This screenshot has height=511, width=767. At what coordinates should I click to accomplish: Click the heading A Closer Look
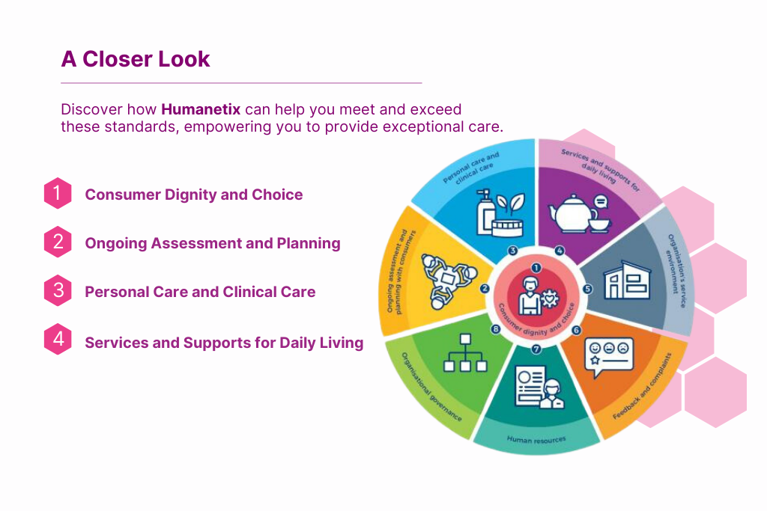pyautogui.click(x=136, y=59)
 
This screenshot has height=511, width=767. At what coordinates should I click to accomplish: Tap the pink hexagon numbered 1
pyautogui.click(x=58, y=193)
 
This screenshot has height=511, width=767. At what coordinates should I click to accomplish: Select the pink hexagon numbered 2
pyautogui.click(x=58, y=242)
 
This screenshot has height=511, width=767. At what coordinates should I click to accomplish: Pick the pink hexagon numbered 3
pyautogui.click(x=58, y=291)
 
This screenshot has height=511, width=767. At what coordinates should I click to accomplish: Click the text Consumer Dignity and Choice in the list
pyautogui.click(x=194, y=195)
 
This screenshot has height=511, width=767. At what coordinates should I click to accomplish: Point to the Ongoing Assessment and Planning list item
pyautogui.click(x=213, y=243)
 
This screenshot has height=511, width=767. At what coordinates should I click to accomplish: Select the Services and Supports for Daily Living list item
pyautogui.click(x=224, y=343)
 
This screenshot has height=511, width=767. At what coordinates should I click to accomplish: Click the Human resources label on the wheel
pyautogui.click(x=536, y=440)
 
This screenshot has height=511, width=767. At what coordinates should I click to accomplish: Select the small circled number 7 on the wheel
pyautogui.click(x=536, y=349)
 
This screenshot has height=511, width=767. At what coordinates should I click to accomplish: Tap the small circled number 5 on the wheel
pyautogui.click(x=587, y=289)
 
